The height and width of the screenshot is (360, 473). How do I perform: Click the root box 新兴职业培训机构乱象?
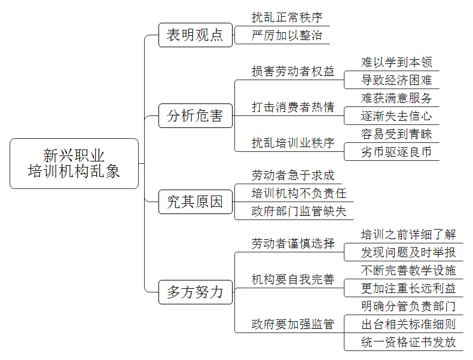click(74, 163)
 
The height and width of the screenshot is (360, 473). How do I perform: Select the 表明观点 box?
click(196, 35)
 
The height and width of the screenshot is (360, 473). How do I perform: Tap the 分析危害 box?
click(196, 115)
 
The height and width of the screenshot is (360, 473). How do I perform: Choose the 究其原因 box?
click(196, 202)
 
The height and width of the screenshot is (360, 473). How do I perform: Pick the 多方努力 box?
click(196, 292)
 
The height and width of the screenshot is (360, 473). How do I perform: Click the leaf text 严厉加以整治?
click(287, 35)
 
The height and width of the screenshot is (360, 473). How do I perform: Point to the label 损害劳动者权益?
click(293, 71)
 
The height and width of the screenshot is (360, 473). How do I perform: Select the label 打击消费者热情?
click(293, 107)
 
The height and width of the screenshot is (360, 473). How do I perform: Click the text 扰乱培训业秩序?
click(293, 143)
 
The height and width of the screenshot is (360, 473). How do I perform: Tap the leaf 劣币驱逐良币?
click(396, 152)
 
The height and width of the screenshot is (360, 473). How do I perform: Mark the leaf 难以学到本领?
click(396, 62)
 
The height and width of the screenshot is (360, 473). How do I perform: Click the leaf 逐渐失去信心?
click(396, 116)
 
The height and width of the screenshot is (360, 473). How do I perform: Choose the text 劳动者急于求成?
click(293, 175)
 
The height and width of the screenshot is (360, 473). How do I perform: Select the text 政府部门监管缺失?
click(299, 211)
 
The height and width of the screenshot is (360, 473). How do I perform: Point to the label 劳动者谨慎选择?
click(293, 243)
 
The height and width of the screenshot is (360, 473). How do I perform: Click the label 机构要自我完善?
click(293, 279)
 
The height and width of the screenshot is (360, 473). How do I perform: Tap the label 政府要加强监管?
click(293, 324)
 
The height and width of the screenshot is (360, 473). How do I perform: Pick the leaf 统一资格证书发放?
click(408, 342)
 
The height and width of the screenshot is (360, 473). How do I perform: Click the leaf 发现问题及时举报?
click(408, 252)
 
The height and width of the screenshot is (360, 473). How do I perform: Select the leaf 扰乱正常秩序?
click(287, 17)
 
